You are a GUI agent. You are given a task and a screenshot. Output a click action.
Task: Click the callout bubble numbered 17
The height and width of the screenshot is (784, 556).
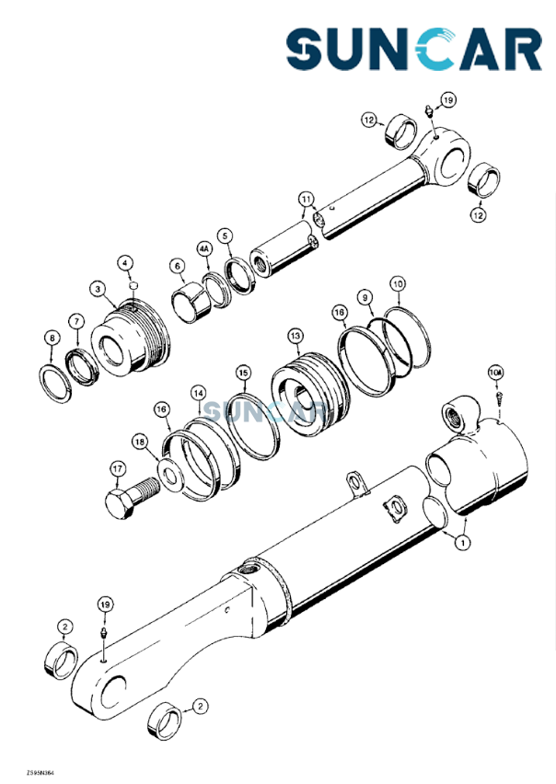click(x=116, y=468)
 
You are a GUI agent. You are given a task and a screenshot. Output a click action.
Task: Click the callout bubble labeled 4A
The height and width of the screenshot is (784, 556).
click(x=204, y=248)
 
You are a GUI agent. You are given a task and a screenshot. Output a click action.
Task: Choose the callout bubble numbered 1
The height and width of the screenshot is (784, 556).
click(x=460, y=542)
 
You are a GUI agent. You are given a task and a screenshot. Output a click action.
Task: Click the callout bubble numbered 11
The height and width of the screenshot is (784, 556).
click(x=306, y=198)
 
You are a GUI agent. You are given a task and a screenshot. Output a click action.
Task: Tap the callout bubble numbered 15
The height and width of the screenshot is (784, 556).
click(x=243, y=373)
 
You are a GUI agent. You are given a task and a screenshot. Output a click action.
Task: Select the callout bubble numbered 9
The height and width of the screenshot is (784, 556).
click(x=365, y=296)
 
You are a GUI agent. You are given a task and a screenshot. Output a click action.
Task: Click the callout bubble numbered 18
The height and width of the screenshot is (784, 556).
click(x=138, y=442)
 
